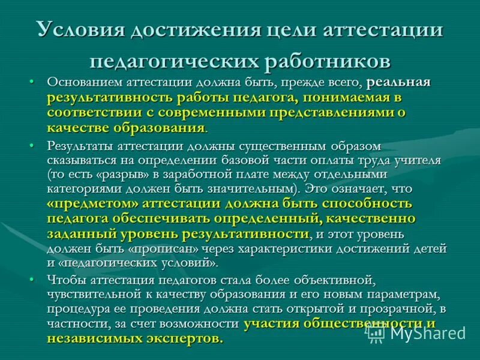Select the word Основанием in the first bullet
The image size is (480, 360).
tap(83, 83)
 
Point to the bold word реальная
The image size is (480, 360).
tap(398, 83)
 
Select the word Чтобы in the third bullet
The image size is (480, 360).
tap(65, 280)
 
